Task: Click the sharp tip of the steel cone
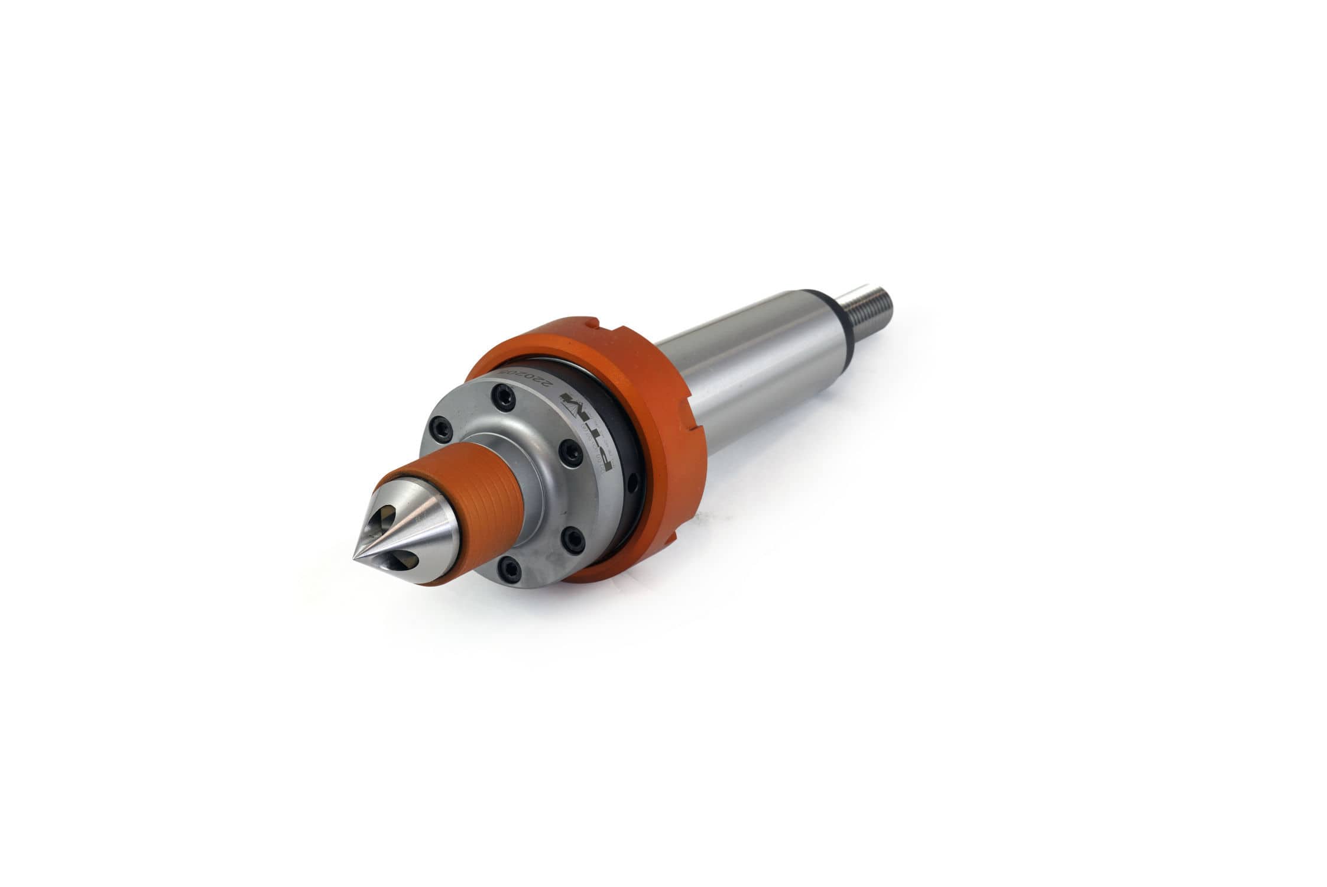click(355, 558)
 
